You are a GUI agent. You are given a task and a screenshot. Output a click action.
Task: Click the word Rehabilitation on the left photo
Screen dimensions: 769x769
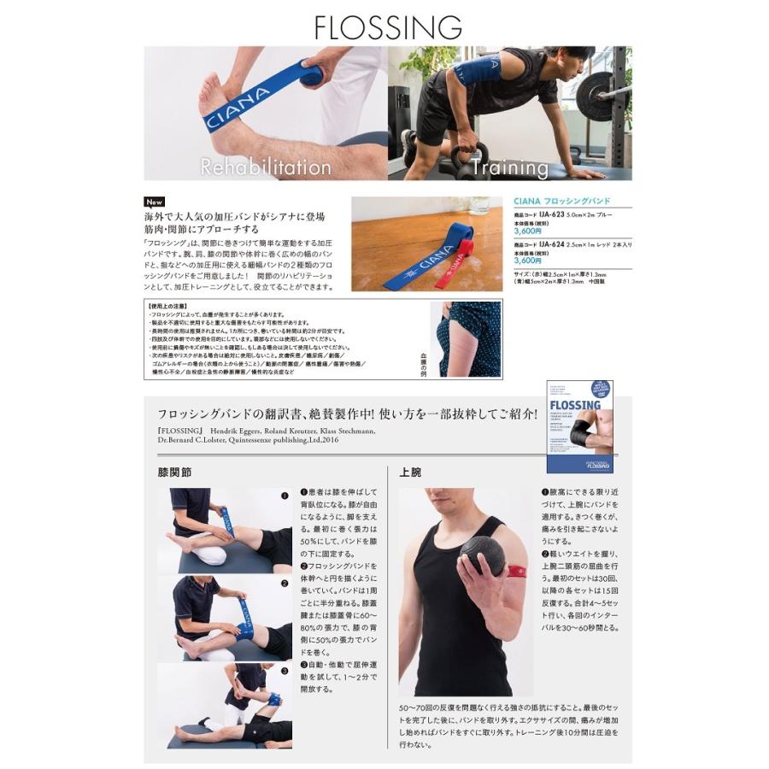(265, 167)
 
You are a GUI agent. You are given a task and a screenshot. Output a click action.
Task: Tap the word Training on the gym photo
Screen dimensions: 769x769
(504, 167)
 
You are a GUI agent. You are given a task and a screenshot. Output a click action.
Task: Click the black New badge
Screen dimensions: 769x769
(154, 203)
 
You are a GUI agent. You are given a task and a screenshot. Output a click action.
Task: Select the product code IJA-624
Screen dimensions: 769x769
(554, 243)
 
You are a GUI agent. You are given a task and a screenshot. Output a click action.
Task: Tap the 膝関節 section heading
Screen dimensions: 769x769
(174, 472)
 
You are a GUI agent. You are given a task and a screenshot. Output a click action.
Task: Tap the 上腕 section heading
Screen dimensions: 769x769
(410, 472)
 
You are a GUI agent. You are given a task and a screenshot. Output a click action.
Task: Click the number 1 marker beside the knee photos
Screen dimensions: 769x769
(285, 495)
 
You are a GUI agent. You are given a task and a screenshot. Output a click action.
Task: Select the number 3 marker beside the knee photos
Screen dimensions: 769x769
(285, 671)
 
